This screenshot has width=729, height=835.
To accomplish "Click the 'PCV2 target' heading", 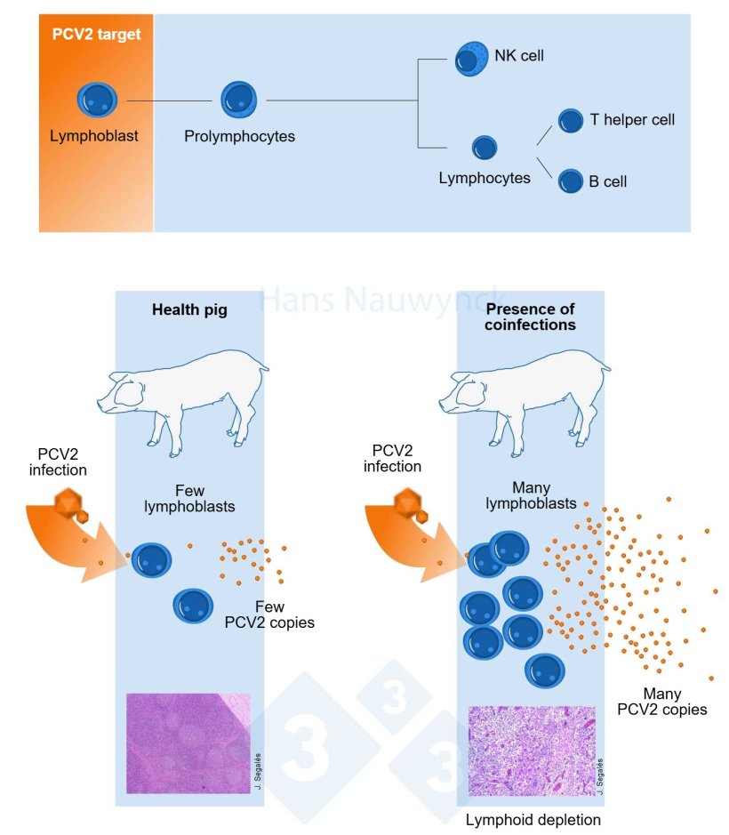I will [x=96, y=36].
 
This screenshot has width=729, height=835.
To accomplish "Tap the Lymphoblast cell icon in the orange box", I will [x=96, y=100].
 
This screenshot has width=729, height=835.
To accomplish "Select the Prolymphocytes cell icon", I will [x=238, y=100].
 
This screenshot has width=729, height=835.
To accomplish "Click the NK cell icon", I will [x=471, y=59].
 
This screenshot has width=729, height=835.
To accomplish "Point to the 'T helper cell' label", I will [x=632, y=119].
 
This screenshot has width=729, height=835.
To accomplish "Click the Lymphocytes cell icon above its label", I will [x=484, y=148].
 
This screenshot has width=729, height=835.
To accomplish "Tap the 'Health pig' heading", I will [x=189, y=309].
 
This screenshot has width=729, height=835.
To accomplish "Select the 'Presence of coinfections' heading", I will [x=531, y=317].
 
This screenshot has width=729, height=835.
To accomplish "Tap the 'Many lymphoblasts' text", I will [x=531, y=496].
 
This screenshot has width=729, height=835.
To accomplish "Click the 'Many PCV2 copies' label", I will [x=662, y=702].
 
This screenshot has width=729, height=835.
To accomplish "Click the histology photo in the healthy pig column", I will [x=188, y=743].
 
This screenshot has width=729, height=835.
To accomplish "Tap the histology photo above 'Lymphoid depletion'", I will [x=531, y=751].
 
